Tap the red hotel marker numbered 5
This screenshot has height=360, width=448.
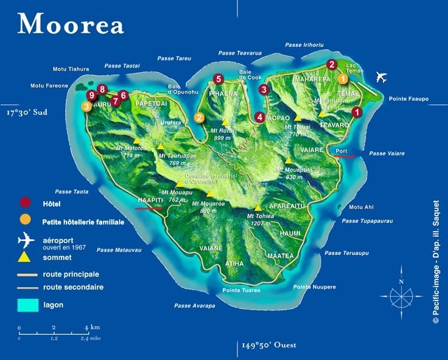tap(218, 79)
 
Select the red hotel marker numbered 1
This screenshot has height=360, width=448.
tap(356, 111)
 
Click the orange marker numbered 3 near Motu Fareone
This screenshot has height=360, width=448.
tap(86, 106)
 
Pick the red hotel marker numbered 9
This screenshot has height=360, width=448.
tap(90, 95)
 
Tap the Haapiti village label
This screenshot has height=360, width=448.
tap(149, 199)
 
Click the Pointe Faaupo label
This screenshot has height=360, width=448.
tap(408, 99)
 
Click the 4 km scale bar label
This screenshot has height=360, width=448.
tap(92, 327)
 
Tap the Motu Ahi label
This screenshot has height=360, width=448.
tap(361, 207)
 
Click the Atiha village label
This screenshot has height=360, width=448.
tap(234, 264)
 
